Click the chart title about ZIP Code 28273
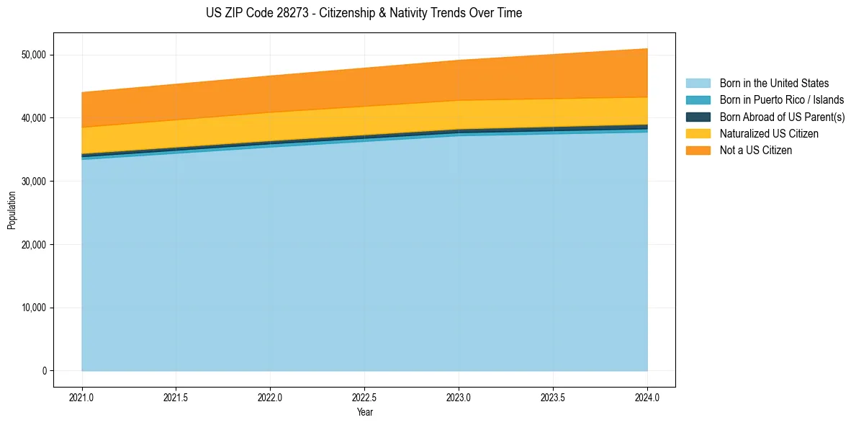click(364, 13)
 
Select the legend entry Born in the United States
click(774, 84)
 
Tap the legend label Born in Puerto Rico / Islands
click(781, 100)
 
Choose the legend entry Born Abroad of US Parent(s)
click(782, 117)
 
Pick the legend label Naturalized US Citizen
click(769, 133)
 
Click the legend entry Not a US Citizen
click(755, 151)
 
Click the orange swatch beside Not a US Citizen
click(698, 151)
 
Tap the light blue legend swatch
click(698, 84)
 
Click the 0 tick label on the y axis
click(44, 371)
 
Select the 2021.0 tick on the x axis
click(81, 396)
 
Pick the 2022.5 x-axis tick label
click(364, 396)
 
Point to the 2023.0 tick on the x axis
click(459, 396)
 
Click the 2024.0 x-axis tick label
click(647, 396)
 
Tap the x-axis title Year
click(364, 412)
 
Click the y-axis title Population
click(12, 210)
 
